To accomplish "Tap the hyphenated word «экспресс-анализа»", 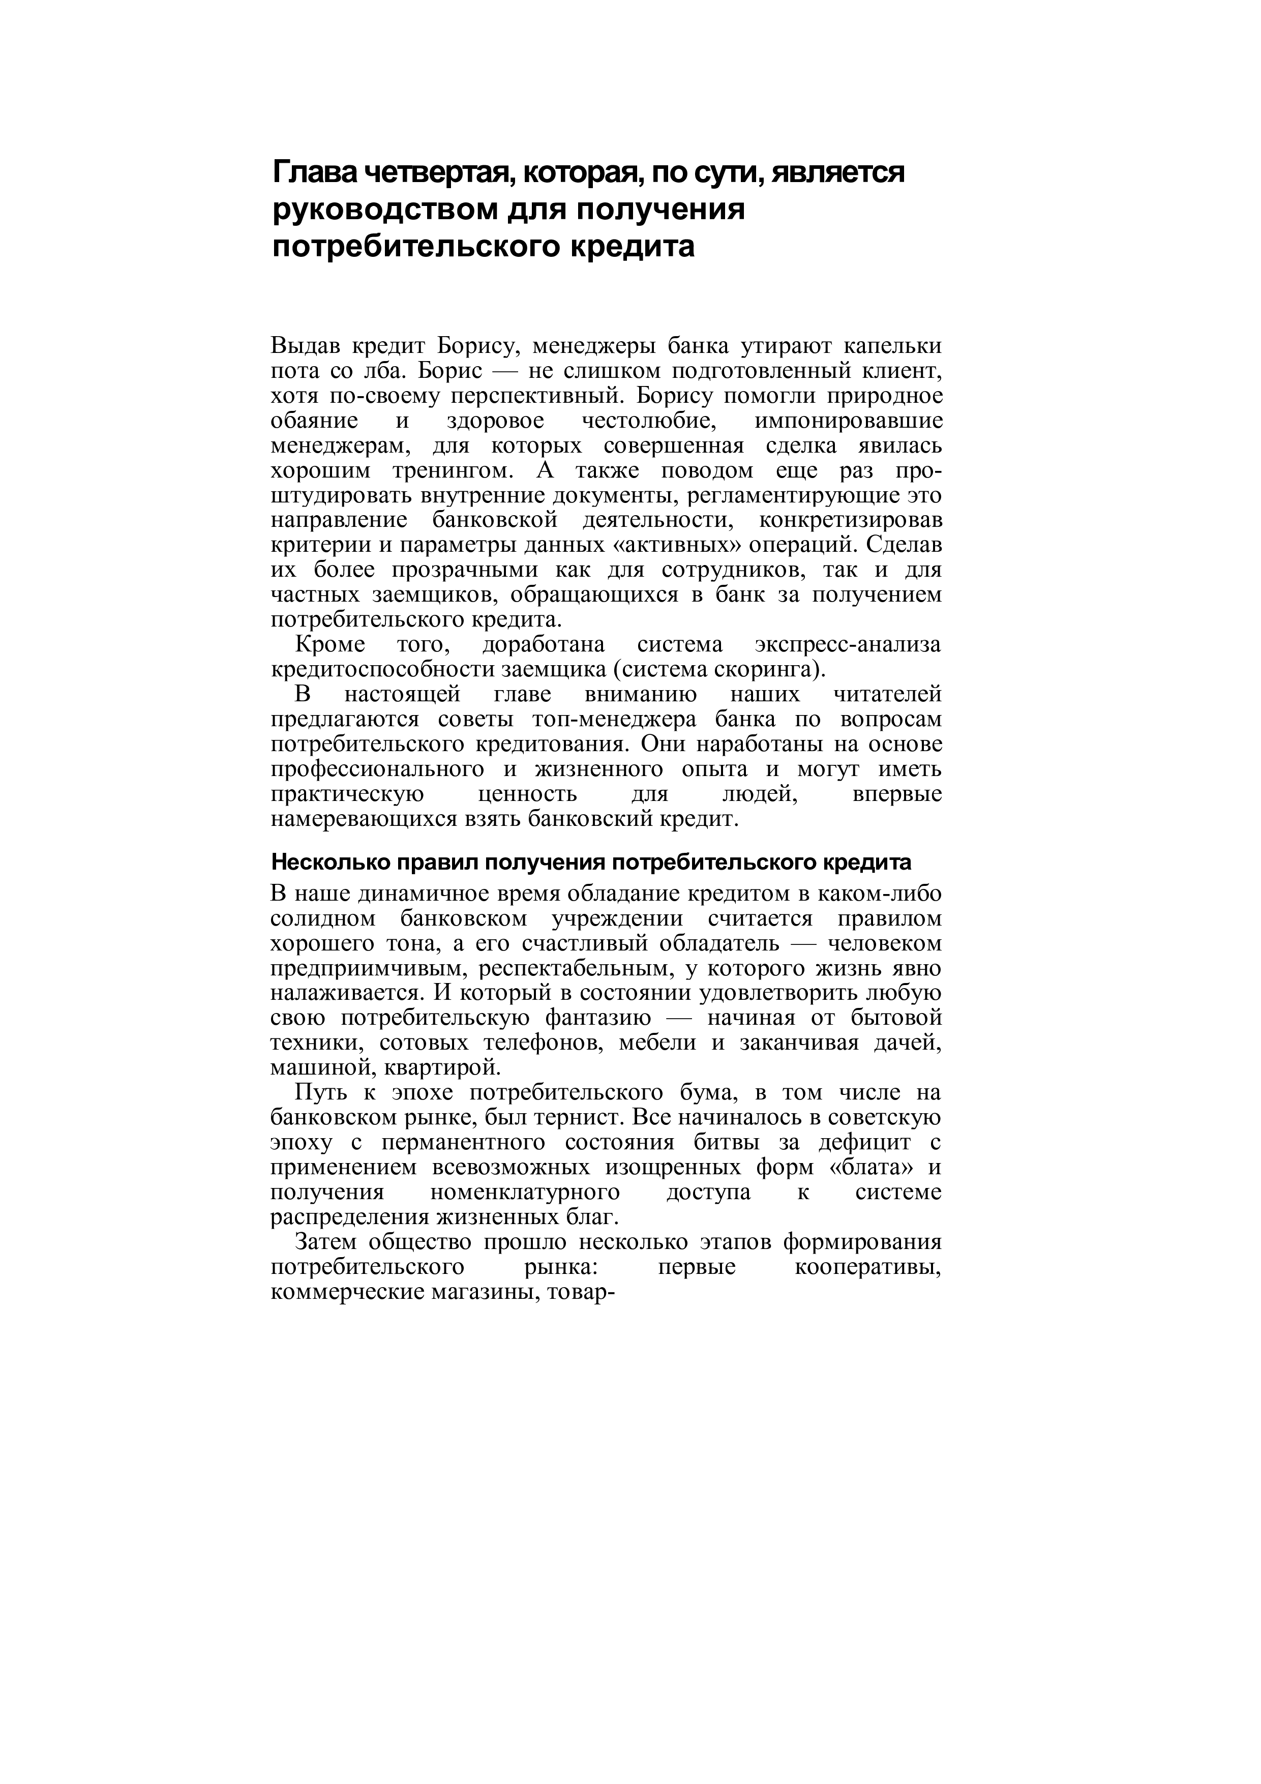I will [x=848, y=644].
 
